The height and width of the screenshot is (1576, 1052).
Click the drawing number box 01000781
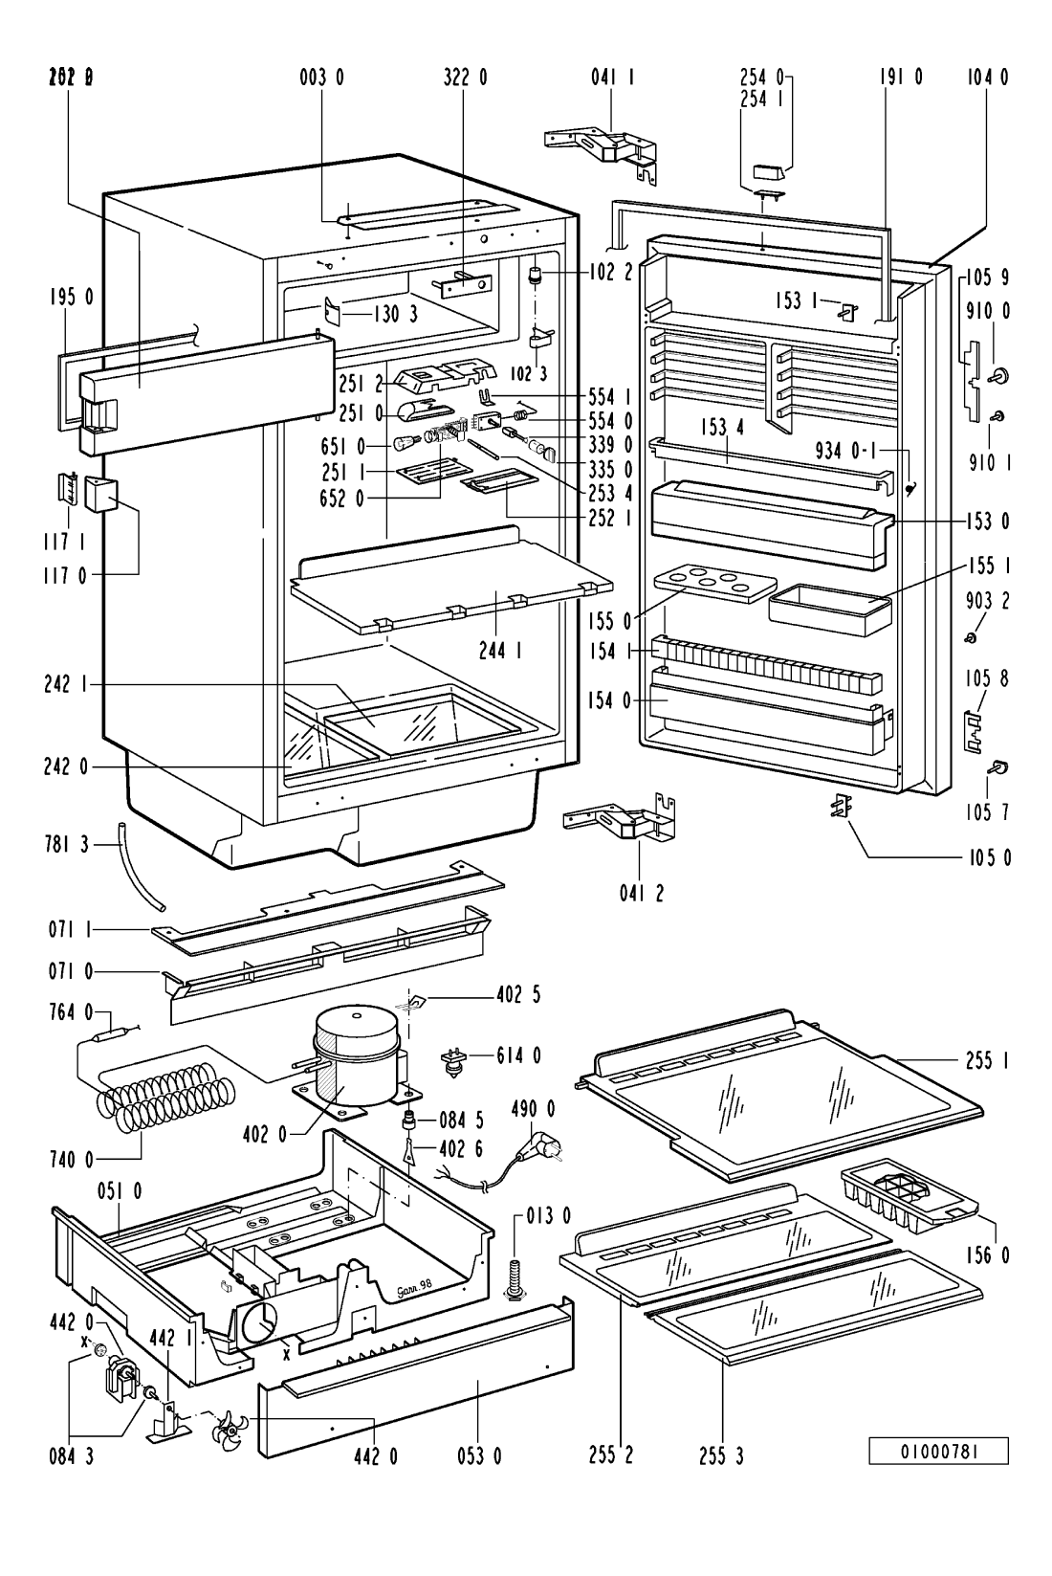938,1451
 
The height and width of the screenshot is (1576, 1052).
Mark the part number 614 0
518,1055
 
